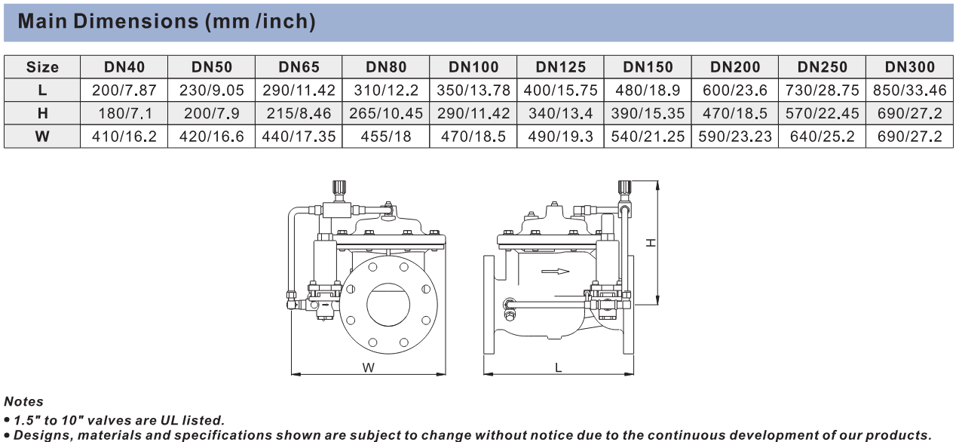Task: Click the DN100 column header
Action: (473, 67)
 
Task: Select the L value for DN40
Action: (124, 90)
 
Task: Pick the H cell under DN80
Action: (386, 113)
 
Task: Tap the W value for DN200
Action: (734, 137)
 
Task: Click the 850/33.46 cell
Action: (910, 90)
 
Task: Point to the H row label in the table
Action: (42, 113)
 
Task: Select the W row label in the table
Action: (42, 137)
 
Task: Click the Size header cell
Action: (42, 67)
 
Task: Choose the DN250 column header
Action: (823, 67)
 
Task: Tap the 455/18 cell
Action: (386, 137)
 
